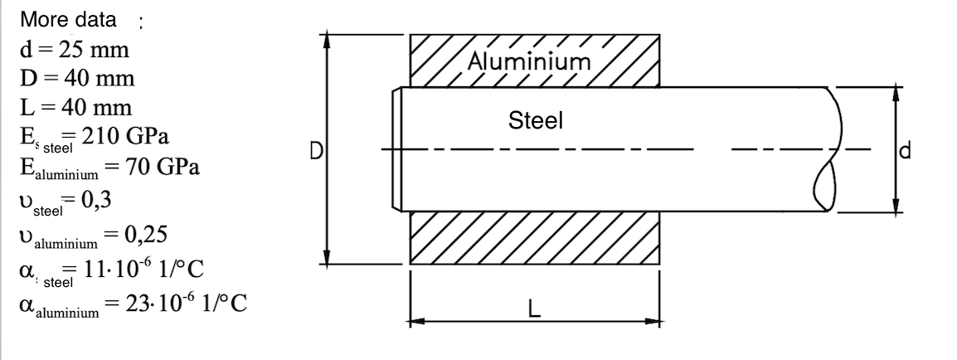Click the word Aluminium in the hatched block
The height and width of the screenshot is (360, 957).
tap(529, 61)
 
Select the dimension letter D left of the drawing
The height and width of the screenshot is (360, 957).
tap(316, 151)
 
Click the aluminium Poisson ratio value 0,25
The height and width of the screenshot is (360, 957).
tap(146, 235)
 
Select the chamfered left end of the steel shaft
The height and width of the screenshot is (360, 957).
tap(397, 150)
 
